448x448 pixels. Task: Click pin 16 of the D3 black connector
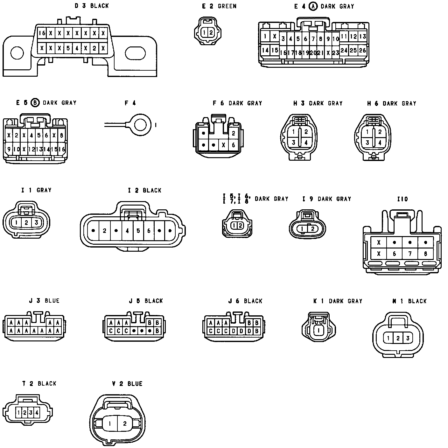coord(42,33)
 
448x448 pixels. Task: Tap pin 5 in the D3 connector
coord(68,49)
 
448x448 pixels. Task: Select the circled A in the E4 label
coord(313,6)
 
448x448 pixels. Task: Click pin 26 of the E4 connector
coord(362,50)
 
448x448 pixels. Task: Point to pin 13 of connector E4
coord(363,37)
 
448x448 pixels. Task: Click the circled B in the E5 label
coord(35,103)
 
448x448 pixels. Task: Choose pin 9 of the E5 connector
coord(9,149)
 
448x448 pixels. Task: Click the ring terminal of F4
coord(140,124)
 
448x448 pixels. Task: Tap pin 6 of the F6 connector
coord(234,145)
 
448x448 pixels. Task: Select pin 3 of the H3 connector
coord(294,143)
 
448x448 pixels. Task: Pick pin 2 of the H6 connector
coord(380,132)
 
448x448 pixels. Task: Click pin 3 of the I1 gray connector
coord(36,223)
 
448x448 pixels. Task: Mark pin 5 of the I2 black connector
coord(138,231)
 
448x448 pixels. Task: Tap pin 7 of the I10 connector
coord(410,254)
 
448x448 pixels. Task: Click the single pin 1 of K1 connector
coord(318,330)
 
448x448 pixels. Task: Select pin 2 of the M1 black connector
coord(398,338)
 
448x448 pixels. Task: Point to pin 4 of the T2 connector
coord(37,413)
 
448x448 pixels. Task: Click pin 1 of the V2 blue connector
coord(109,423)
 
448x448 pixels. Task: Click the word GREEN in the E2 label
coord(227,6)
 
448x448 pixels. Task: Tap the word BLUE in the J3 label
coord(52,301)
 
